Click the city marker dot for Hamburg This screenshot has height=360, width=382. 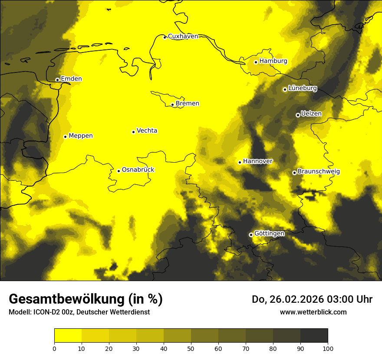coord(256,62)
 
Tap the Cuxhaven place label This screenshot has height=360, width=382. coord(183,36)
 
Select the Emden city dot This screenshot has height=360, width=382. coord(57,80)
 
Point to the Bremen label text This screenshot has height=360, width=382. coord(188,104)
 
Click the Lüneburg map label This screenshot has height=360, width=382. coord(303,88)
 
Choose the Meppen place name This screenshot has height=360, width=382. coord(81,136)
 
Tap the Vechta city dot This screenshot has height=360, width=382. coord(133,132)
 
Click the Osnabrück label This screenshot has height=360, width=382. coord(138,170)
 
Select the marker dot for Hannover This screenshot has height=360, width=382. coord(240,162)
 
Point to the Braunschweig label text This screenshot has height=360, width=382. coord(319,172)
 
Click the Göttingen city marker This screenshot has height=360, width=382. coord(251,235)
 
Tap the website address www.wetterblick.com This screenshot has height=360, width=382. coord(313,312)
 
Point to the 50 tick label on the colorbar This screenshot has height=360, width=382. coord(191,348)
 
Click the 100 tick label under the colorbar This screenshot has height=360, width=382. coord(328,348)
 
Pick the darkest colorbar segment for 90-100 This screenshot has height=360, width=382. coord(314,336)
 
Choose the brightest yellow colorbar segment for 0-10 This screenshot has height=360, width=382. coord(68,336)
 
